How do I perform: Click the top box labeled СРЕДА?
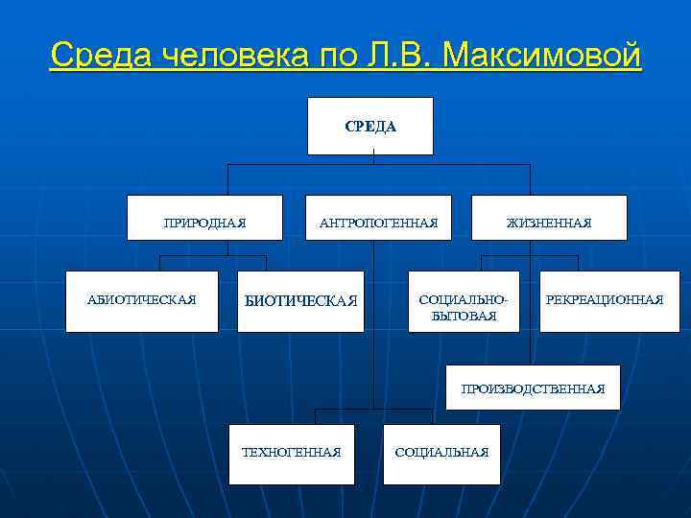369,126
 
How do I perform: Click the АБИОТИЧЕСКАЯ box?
141,301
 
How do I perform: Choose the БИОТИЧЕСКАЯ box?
300,301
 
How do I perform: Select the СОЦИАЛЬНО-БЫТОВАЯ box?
464,302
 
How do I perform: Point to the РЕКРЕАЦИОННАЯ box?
604,301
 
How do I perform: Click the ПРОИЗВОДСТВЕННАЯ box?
533,388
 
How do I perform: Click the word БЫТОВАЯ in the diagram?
465,316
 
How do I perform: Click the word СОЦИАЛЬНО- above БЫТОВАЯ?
464,300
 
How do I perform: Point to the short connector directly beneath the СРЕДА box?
373,159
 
